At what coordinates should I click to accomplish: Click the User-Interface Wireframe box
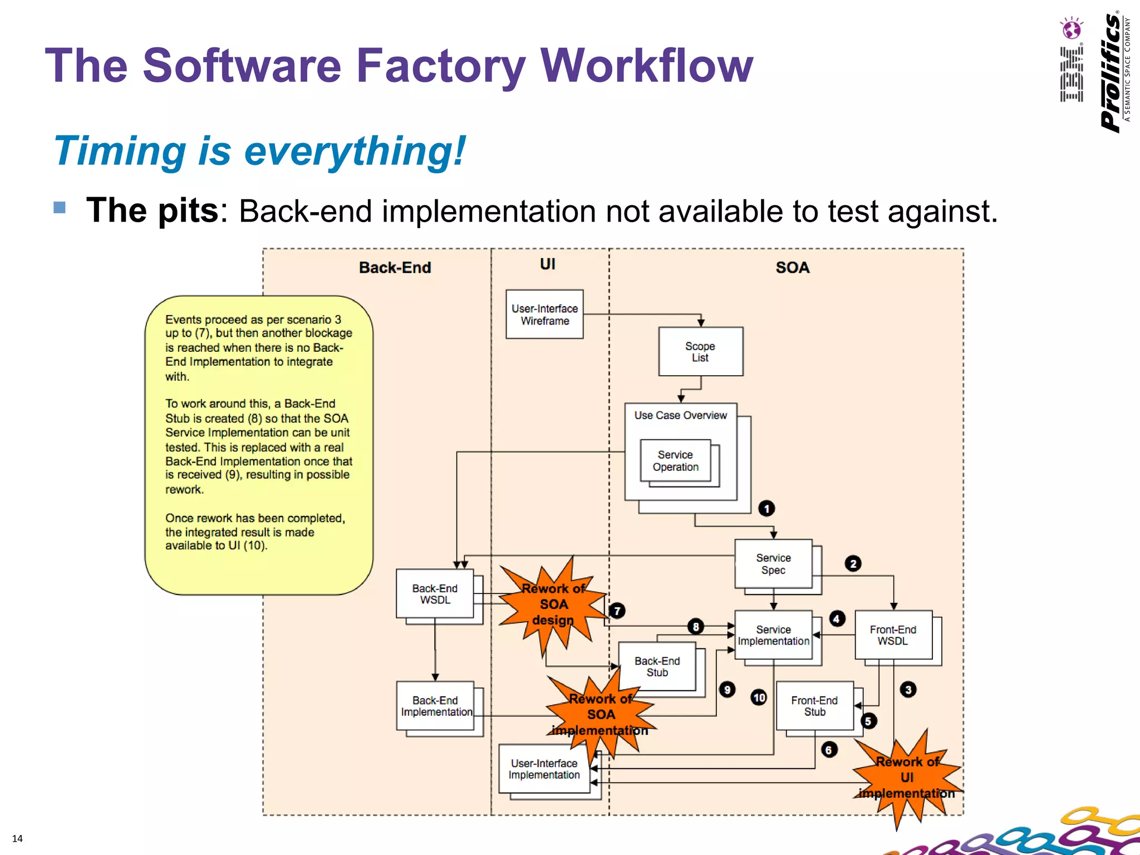tap(544, 314)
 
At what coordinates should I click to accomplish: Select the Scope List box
tap(700, 351)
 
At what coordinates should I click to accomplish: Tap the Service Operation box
tap(675, 460)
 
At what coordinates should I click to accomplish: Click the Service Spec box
tap(773, 563)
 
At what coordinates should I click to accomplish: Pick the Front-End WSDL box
tap(893, 635)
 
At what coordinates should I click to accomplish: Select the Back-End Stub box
tap(657, 666)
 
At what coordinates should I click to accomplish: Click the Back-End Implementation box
tap(435, 706)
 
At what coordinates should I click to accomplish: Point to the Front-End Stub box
tap(814, 706)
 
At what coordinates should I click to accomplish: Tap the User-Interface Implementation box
tap(544, 769)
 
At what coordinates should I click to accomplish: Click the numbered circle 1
tap(766, 508)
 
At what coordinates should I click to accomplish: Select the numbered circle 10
tap(759, 697)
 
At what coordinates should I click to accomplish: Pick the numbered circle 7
tap(617, 611)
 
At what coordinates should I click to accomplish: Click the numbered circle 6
tap(829, 750)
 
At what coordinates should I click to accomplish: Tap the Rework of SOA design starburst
tap(553, 605)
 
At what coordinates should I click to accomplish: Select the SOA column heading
tap(792, 268)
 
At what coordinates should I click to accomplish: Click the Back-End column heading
tap(395, 268)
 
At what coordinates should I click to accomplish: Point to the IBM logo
tap(1072, 61)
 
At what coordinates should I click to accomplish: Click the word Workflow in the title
tap(646, 66)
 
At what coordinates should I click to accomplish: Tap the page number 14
tap(17, 839)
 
